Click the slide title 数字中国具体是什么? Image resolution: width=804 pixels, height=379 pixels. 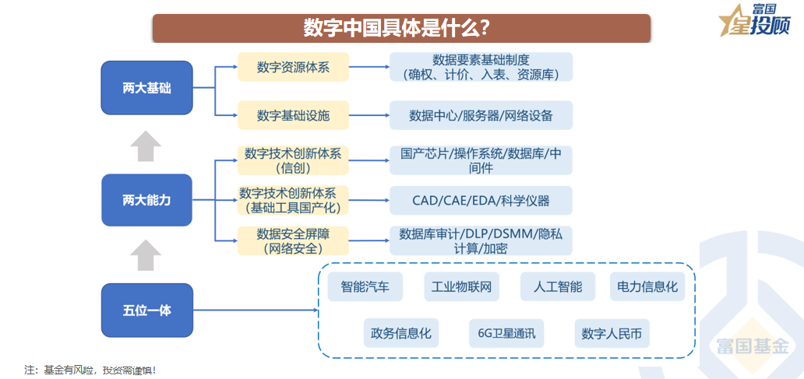coord(400,28)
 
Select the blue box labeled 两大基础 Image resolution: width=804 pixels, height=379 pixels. coord(146,88)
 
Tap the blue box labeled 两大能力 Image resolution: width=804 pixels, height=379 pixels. coord(146,200)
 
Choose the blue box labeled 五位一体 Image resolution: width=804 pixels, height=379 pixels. coord(146,311)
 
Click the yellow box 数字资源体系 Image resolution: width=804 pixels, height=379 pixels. coord(293,68)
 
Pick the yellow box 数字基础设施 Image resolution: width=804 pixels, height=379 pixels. coord(293,115)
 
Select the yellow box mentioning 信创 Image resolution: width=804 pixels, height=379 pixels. coord(293,160)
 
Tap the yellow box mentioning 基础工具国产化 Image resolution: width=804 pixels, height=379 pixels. coord(293,200)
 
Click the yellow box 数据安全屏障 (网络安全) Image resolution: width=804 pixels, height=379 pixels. coord(293,240)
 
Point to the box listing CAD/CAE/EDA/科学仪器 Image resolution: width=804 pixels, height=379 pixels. coord(481,200)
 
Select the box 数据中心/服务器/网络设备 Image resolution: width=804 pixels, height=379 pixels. coord(481,115)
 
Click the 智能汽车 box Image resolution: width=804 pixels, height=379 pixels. coord(365,286)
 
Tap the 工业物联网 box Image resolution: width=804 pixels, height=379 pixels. coord(461,286)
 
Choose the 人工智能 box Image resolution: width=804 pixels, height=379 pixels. coord(557,286)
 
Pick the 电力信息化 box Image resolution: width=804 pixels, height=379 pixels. coord(647,286)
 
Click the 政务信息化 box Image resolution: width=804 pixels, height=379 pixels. coord(402,334)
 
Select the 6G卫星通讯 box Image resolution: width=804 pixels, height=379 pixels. coord(506,334)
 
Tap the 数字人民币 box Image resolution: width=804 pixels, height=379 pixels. coord(612,334)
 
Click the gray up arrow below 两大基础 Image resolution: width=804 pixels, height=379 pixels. coord(146,146)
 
